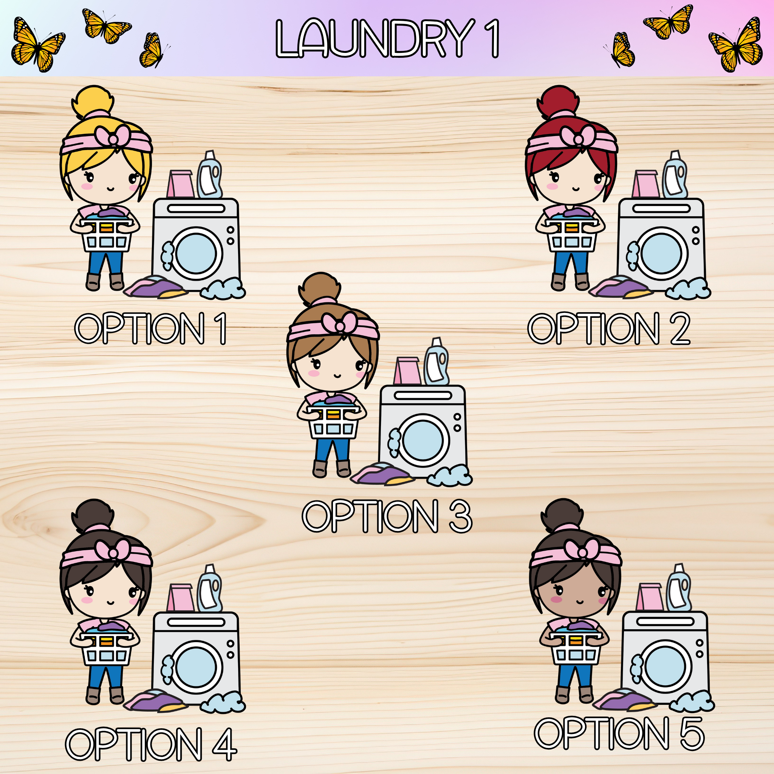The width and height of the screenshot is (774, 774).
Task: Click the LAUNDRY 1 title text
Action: [387, 39]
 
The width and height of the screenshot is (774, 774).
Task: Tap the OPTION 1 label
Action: [151, 328]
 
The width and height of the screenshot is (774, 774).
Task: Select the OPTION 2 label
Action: [609, 328]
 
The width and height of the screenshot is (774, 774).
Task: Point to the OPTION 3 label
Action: [387, 516]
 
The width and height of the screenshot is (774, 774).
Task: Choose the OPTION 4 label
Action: [151, 745]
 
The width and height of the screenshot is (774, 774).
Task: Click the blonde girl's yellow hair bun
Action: [93, 101]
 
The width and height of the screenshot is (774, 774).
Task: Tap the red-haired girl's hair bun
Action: [558, 101]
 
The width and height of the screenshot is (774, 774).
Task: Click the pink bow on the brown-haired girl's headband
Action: [339, 324]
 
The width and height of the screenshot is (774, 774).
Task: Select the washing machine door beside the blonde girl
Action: [196, 253]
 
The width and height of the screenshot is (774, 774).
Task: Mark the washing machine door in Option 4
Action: [196, 667]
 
